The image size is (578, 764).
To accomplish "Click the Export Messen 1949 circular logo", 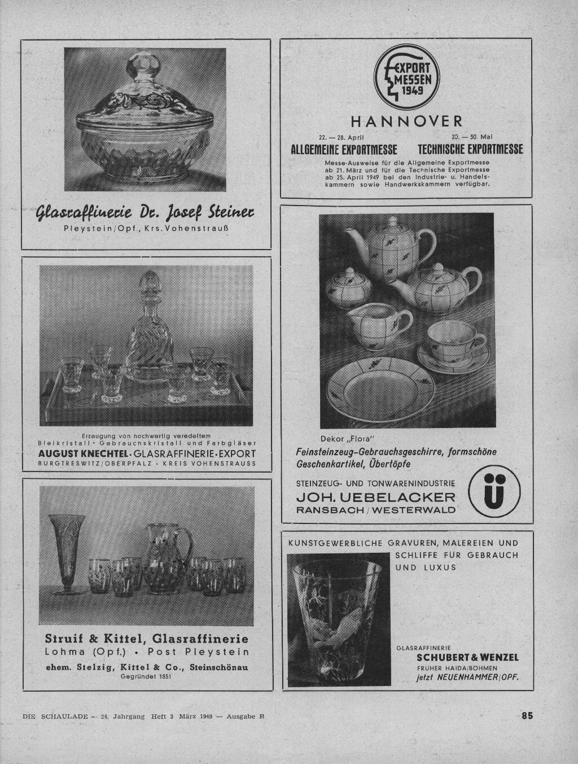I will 406,79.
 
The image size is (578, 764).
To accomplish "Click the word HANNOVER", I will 406,121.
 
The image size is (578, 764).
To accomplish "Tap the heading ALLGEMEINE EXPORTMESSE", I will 344,150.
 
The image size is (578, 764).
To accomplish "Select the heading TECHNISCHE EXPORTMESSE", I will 470,150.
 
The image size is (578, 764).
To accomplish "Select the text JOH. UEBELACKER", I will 375,497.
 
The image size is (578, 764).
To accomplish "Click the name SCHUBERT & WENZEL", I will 467,657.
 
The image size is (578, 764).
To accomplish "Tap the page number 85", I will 527,715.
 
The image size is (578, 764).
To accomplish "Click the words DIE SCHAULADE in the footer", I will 55,716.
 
